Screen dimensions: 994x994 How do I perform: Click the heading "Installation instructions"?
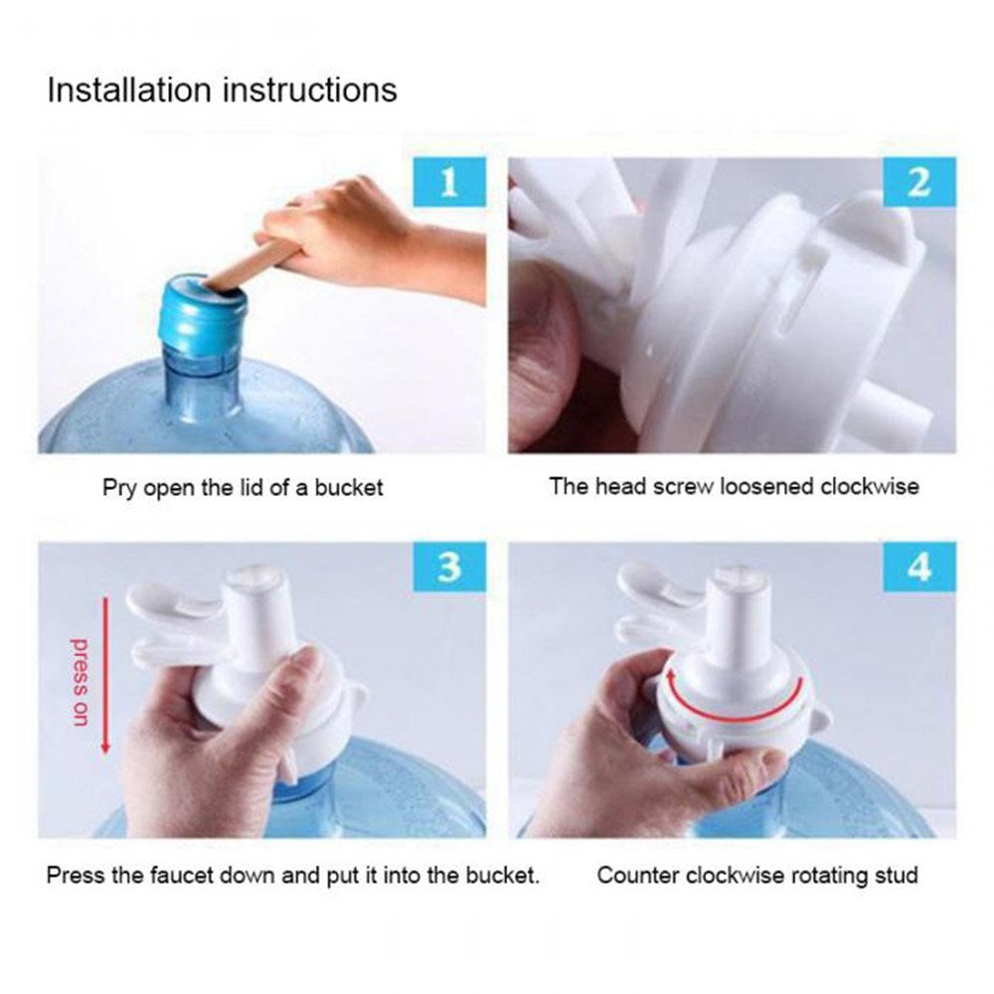point(222,89)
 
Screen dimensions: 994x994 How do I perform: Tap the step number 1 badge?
point(448,184)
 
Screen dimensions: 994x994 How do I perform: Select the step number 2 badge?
point(918,184)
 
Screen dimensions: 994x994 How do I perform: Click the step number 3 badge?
point(448,568)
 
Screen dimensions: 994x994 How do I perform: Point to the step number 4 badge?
point(918,568)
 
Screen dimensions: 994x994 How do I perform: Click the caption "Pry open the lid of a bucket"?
point(243,488)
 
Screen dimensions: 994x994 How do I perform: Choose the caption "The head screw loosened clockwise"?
point(734,487)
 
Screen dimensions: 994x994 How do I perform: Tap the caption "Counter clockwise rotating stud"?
point(756,876)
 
